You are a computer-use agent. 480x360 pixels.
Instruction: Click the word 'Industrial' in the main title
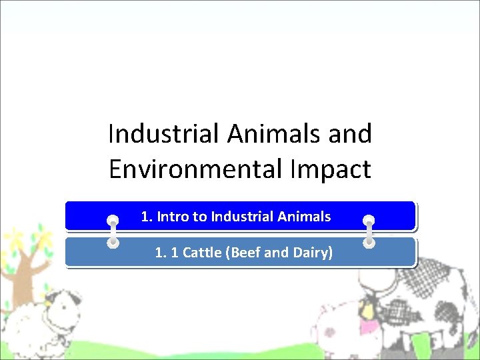[163, 134]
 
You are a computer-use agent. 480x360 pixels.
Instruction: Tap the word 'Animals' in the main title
[275, 134]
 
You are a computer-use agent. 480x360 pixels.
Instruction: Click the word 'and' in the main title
[351, 134]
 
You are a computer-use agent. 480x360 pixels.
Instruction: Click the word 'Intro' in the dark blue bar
[173, 217]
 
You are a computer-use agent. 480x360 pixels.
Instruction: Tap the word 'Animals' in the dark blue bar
[305, 217]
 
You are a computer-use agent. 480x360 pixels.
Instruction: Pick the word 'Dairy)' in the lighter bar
[313, 253]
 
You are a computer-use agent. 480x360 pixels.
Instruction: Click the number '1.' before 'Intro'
[147, 217]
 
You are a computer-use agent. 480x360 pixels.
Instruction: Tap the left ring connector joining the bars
[113, 231]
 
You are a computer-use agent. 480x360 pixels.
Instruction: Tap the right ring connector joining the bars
[369, 231]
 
